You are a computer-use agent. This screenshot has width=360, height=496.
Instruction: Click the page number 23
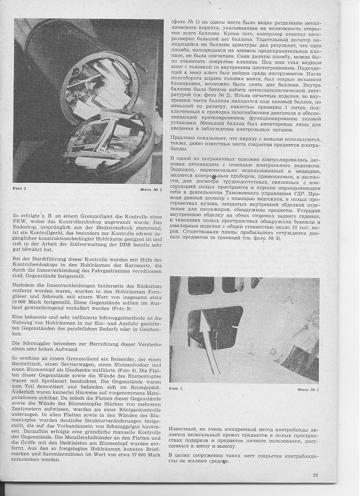(x=315, y=475)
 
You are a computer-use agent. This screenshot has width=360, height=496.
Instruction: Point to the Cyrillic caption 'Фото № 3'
(x=308, y=389)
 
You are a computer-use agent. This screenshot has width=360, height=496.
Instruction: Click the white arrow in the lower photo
(x=207, y=335)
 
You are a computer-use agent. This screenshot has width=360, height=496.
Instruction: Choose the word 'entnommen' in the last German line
(x=27, y=459)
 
